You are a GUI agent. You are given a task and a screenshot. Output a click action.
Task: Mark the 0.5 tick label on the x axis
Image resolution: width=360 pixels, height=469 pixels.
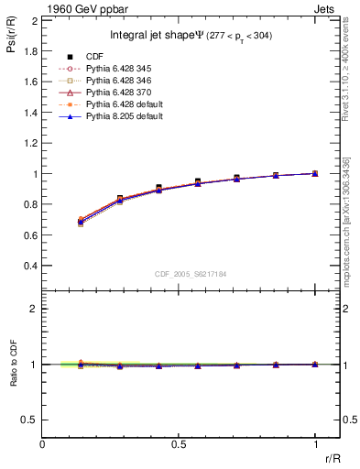(179, 442)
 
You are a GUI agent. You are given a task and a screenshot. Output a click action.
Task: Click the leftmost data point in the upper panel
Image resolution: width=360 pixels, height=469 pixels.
(81, 221)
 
